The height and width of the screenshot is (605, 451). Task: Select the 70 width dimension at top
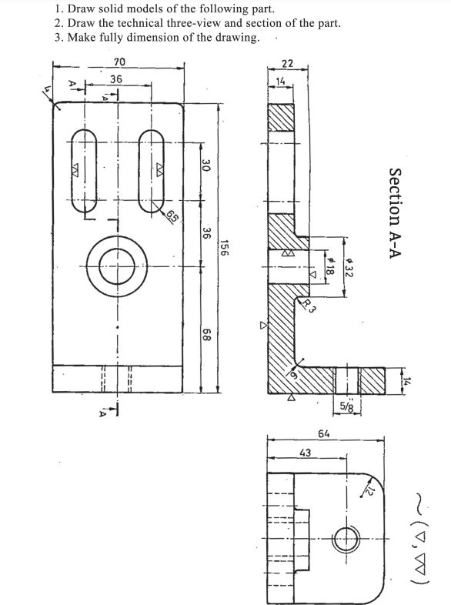click(119, 62)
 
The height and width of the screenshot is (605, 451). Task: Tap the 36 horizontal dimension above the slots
click(115, 79)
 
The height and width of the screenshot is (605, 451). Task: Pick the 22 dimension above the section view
click(287, 63)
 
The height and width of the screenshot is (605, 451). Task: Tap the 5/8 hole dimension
click(347, 408)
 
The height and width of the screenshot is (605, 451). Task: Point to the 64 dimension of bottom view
click(324, 434)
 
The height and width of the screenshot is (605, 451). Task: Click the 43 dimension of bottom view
click(305, 453)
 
